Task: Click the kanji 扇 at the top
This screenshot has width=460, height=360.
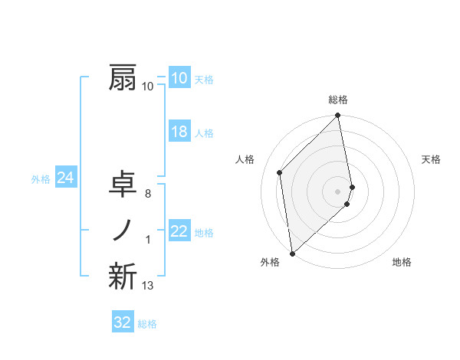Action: click(123, 78)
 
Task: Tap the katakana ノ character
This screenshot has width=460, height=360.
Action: click(123, 231)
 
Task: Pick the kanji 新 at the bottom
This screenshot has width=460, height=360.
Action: click(123, 277)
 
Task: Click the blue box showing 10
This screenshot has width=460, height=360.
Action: click(179, 78)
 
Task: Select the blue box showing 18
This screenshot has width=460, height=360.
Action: click(179, 132)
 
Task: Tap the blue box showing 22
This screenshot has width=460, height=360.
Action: click(179, 231)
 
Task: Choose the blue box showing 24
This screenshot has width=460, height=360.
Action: click(65, 178)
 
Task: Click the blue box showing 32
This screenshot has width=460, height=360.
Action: click(123, 322)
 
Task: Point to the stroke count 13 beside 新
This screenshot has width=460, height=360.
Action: click(147, 286)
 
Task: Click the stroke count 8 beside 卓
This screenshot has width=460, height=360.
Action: click(147, 195)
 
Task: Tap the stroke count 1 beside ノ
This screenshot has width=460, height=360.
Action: click(147, 241)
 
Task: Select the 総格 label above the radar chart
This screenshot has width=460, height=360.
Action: click(338, 100)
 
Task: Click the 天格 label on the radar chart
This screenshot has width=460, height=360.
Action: click(432, 159)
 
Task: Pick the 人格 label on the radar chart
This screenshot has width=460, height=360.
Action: click(245, 159)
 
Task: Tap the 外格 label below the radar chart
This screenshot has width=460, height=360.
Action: click(269, 262)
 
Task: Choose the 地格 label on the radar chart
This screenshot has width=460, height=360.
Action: click(402, 262)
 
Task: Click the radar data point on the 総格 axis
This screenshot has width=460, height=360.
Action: click(338, 116)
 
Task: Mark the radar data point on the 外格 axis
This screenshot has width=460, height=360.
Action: click(292, 253)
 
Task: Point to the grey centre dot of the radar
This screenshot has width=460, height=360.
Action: click(338, 191)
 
